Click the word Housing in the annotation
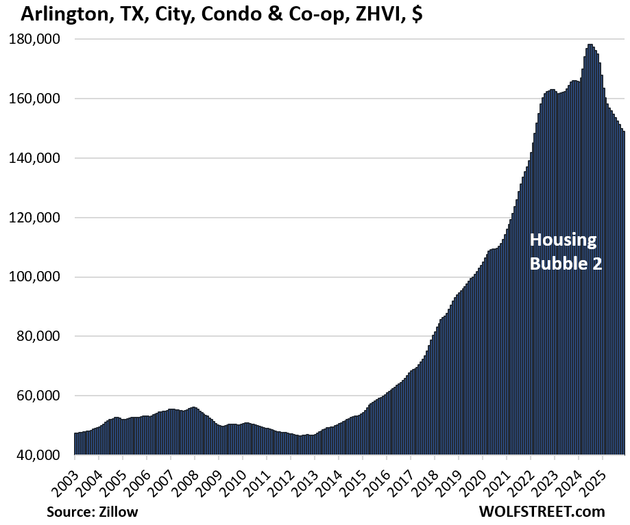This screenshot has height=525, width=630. (563, 241)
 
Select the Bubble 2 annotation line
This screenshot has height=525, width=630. (566, 264)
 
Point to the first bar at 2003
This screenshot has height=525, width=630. (75, 444)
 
